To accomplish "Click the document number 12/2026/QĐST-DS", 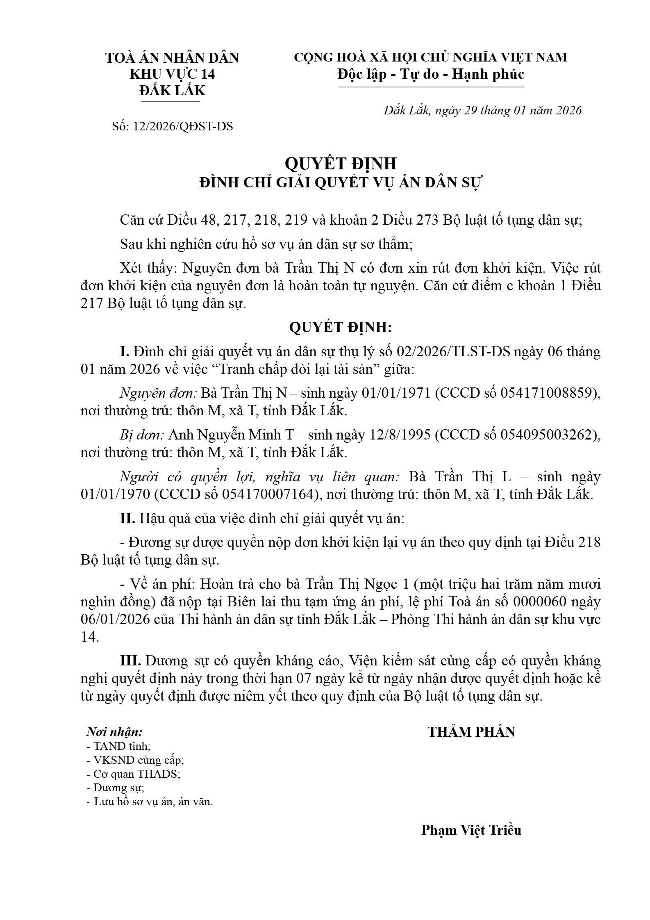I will click(x=183, y=126).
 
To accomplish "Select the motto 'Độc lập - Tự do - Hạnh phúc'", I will click(x=431, y=74).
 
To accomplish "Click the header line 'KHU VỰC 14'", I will click(x=172, y=74).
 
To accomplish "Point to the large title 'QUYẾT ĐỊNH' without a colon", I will click(x=341, y=163).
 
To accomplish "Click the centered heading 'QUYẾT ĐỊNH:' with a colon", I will click(x=341, y=327).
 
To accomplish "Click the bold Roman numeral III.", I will click(x=130, y=660).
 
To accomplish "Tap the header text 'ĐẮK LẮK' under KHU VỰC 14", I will click(x=172, y=91).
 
